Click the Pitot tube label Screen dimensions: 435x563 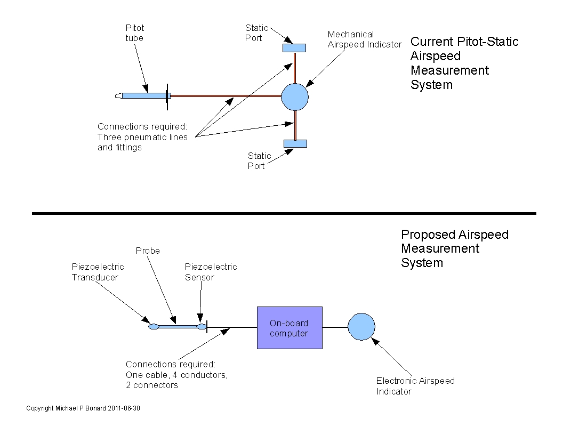point(134,33)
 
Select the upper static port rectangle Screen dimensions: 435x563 point(294,48)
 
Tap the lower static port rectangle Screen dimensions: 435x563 point(295,143)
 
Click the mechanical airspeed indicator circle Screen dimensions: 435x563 point(295,96)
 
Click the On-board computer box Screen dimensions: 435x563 point(289,328)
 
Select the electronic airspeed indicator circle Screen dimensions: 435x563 point(361,327)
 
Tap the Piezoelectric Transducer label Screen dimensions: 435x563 point(98,272)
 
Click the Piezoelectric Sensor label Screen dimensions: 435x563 point(211,272)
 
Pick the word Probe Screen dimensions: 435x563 point(148,251)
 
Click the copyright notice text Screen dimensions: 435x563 point(83,408)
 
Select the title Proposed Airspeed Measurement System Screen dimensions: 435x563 point(454,248)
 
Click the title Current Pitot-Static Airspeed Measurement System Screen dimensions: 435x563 point(464,63)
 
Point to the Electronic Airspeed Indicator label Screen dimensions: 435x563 point(415,386)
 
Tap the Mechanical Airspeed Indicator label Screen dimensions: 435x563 point(364,39)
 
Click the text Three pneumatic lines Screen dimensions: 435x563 point(142,137)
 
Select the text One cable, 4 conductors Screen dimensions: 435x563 point(176,375)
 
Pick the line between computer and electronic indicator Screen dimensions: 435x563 point(335,327)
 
